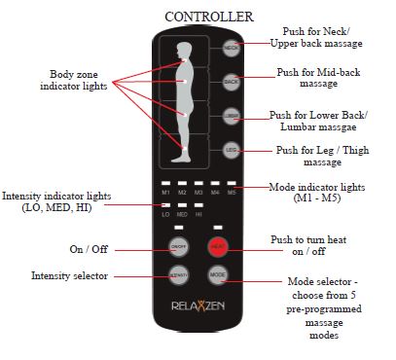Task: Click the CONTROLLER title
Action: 209,17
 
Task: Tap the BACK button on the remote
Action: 231,82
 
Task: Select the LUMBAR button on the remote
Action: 231,117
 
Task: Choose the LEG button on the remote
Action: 231,151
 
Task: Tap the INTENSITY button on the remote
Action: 178,277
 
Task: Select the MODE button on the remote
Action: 217,277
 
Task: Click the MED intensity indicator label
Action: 181,214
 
